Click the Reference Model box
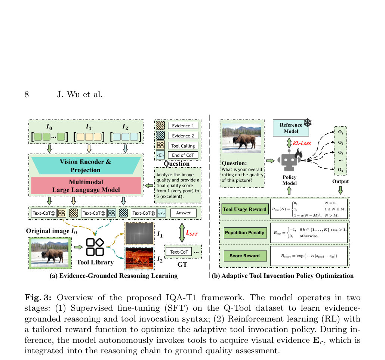tap(291, 128)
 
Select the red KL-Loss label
tap(302, 143)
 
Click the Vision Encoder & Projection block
tap(86, 166)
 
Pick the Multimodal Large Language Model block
tap(86, 186)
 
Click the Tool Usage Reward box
tap(244, 209)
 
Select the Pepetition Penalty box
tap(245, 233)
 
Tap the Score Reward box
tap(245, 256)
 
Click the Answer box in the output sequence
tap(184, 213)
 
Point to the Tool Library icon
tap(95, 247)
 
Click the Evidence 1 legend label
tap(183, 125)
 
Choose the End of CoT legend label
tap(183, 155)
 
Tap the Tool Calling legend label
tap(183, 146)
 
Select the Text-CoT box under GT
tap(179, 252)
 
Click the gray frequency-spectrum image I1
tap(139, 233)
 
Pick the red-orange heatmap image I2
tap(139, 258)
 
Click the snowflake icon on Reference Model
tap(308, 122)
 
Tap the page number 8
tap(27, 94)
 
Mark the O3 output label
tap(341, 152)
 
